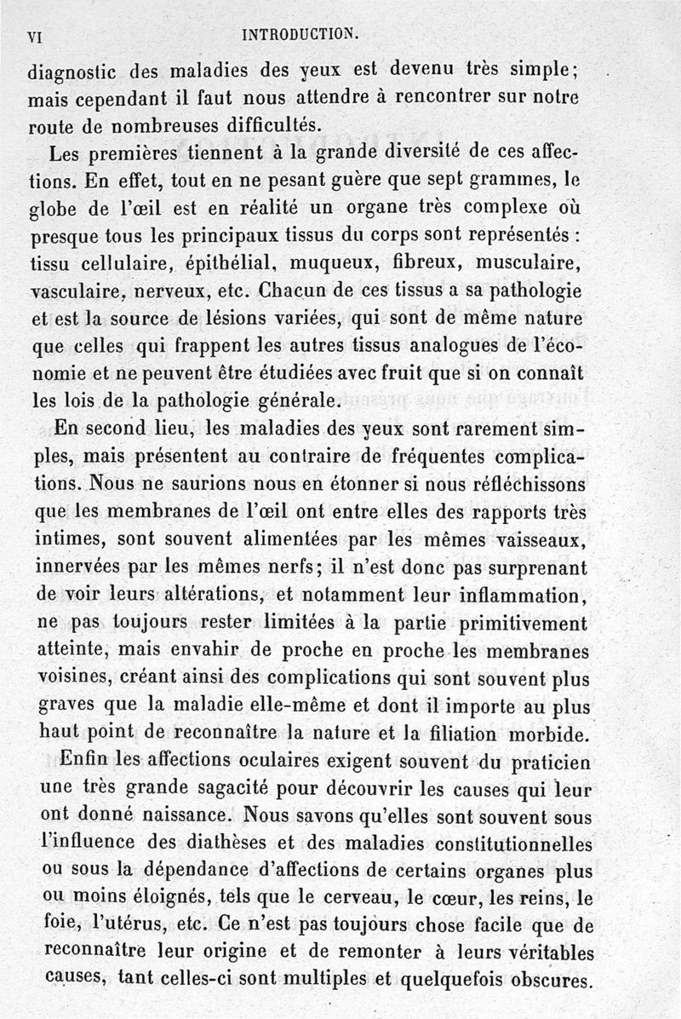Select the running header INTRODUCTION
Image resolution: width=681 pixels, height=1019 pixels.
click(x=300, y=35)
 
